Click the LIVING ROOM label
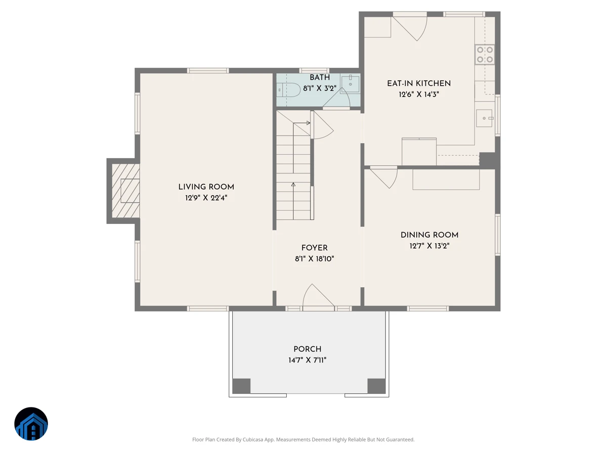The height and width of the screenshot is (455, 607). coord(206,187)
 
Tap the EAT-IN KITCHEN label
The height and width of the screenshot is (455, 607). coord(419,83)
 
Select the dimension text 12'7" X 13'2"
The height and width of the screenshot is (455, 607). coord(429,246)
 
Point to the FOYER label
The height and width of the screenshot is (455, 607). coord(315,248)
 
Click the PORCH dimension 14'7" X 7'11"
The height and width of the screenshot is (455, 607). coord(307,360)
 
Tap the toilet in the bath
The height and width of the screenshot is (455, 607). coord(288,90)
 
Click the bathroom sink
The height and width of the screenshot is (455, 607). coord(350,84)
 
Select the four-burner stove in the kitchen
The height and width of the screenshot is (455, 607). coord(485,55)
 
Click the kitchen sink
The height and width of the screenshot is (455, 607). coord(485,118)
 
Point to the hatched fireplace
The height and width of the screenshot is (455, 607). coord(125,191)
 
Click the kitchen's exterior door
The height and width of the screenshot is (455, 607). coord(410,28)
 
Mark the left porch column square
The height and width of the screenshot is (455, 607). coord(241,386)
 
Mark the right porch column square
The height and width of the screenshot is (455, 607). coord(376,386)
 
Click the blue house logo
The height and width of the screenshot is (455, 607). coord(31,424)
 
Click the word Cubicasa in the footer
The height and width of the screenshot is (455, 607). coord(253,439)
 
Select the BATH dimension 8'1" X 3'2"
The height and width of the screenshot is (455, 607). coord(320,88)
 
